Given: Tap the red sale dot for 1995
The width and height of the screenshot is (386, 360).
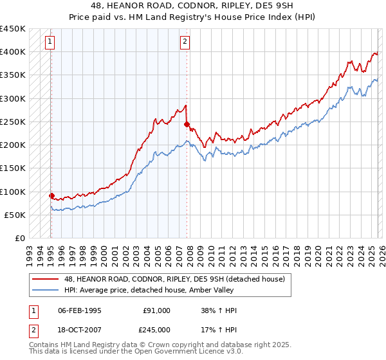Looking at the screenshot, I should point(51,195).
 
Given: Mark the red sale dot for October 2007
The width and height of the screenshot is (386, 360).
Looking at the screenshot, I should point(187,124).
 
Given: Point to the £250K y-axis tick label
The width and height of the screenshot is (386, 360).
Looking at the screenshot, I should point(13,122).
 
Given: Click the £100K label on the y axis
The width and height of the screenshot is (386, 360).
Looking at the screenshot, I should point(13,192).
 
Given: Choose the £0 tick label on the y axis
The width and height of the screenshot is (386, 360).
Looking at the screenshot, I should point(20,239).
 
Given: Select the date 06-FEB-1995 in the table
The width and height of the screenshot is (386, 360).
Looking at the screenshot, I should point(80,311).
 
